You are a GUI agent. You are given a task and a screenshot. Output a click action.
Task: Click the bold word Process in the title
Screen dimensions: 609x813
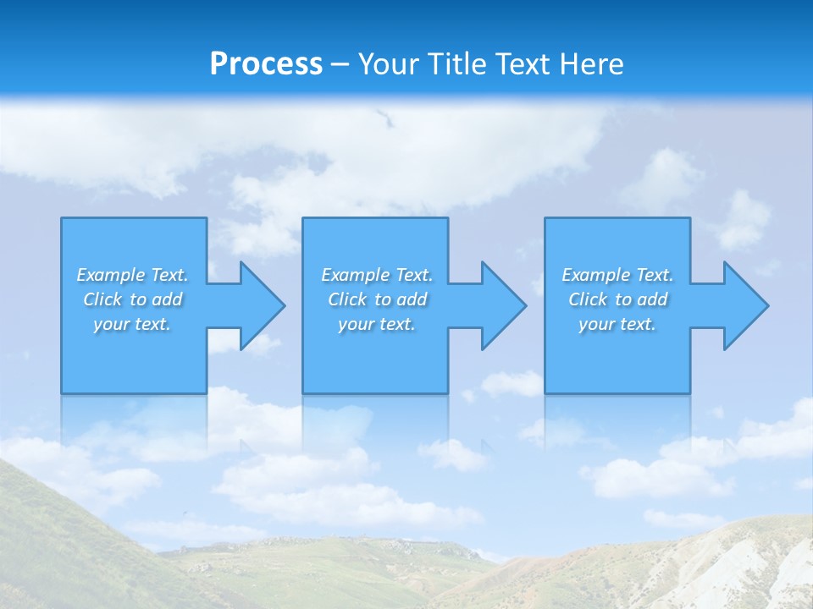click(266, 64)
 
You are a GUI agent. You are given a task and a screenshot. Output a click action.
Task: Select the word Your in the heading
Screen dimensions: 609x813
click(390, 64)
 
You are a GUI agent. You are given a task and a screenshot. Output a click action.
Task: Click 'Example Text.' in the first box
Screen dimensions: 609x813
click(132, 275)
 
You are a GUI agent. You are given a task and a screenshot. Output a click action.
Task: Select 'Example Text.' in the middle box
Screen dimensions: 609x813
click(377, 275)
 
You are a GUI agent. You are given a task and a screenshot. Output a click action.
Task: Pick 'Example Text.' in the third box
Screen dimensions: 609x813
click(617, 275)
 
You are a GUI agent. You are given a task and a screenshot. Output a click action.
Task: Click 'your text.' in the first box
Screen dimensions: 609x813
click(132, 324)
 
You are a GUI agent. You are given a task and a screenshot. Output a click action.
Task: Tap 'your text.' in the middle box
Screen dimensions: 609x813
click(377, 324)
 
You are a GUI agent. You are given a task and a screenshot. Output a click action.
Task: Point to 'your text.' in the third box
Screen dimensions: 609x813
click(617, 324)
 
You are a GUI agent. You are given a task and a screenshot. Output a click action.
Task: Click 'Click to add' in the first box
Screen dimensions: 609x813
click(132, 299)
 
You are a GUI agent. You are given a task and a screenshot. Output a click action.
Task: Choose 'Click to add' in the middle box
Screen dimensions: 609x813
click(377, 299)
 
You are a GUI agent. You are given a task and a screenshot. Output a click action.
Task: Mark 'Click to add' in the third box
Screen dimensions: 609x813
click(617, 299)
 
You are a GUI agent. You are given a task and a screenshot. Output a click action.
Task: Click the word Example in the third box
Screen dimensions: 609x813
click(596, 275)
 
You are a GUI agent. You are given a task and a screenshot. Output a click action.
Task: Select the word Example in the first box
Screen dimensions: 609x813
click(111, 275)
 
